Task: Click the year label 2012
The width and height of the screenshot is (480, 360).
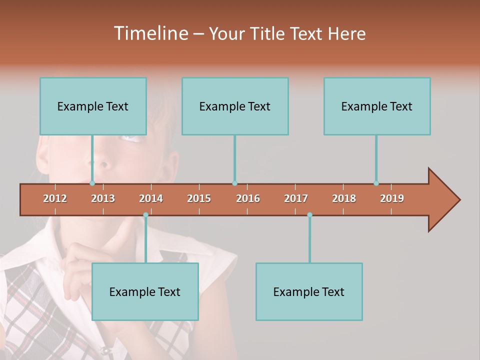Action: click(55, 198)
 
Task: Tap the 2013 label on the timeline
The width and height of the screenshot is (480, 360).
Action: click(103, 198)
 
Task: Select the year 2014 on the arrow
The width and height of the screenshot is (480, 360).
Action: click(151, 198)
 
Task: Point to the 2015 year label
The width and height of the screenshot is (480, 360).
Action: click(199, 198)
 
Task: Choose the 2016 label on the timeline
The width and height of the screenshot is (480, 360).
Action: click(248, 198)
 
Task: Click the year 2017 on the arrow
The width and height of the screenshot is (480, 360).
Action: click(296, 198)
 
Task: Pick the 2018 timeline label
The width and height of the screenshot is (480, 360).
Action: click(344, 198)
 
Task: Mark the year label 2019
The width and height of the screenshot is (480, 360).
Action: click(392, 198)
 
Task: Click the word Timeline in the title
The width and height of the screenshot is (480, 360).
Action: click(150, 33)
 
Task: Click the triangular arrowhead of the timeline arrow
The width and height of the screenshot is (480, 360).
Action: click(443, 200)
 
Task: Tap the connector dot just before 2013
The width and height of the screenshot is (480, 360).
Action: click(92, 183)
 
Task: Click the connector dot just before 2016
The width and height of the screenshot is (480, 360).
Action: click(234, 183)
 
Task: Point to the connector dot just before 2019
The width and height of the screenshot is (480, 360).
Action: click(376, 183)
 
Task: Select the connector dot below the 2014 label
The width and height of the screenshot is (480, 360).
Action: click(145, 215)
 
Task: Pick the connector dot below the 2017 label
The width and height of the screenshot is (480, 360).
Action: click(309, 215)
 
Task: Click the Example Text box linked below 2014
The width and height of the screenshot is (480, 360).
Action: click(145, 291)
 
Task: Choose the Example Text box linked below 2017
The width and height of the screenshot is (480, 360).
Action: click(309, 291)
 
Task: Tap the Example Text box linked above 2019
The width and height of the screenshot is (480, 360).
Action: click(377, 106)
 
